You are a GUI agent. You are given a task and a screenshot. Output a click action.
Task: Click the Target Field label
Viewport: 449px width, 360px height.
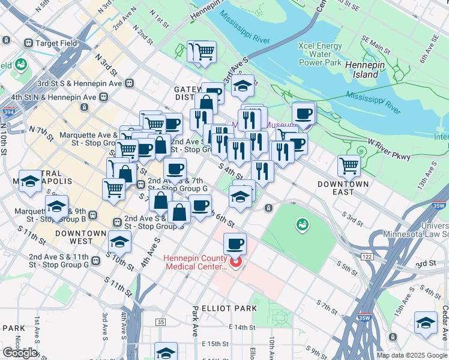(x=56, y=43)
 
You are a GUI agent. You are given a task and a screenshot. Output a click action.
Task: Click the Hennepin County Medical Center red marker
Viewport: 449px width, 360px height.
(x=235, y=262)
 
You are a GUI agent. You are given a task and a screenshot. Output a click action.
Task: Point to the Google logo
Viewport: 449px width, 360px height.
(x=20, y=352)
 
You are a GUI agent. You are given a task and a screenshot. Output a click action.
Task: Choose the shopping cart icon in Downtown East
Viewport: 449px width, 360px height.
(x=349, y=165)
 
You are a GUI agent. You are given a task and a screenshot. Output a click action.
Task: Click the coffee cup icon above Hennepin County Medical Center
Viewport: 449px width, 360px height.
(x=235, y=244)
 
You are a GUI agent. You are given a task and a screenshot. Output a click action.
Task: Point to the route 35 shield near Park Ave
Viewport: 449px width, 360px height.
(x=160, y=322)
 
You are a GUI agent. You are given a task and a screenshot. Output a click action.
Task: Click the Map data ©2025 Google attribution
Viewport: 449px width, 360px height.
(x=412, y=355)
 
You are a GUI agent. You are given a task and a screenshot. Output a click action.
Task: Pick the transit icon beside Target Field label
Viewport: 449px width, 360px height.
(x=28, y=43)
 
